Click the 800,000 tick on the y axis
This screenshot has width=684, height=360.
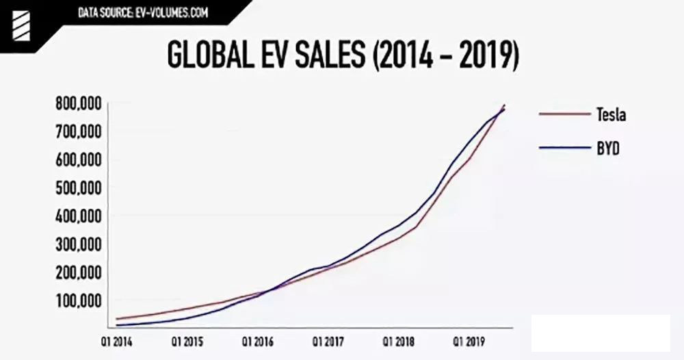coord(79,103)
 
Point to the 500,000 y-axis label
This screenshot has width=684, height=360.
coord(79,188)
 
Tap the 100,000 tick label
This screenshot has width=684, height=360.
coord(79,300)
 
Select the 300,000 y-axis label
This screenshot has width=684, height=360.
coord(79,244)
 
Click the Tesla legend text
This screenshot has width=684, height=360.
coord(611,114)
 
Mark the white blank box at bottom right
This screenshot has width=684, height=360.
coord(601,333)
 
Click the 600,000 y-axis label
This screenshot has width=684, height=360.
coord(79,159)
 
